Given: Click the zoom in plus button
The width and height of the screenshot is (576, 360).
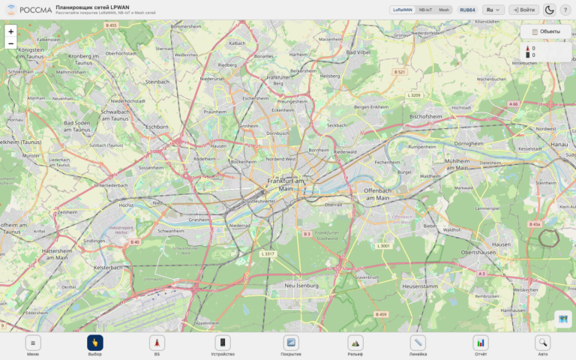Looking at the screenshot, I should pos(10,31).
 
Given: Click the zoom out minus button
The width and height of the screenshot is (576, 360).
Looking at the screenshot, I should pos(10,43).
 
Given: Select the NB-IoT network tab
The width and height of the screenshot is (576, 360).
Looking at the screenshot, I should pos(425,10).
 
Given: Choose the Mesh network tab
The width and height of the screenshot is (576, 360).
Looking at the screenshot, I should pos(444,10).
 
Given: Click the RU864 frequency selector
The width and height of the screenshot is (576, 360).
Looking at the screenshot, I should pos(468,10).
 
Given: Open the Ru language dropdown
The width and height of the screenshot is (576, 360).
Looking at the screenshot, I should pos(493,10).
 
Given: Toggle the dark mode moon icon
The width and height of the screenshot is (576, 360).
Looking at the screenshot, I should pos(549,10).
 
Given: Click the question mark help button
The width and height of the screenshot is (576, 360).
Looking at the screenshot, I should pos(565,10).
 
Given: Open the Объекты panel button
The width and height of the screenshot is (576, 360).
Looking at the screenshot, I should pos(545,31).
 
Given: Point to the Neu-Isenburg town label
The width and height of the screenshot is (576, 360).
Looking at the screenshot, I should pos(302,286).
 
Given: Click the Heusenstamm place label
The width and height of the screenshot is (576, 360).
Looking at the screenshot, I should pos(419,286).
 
